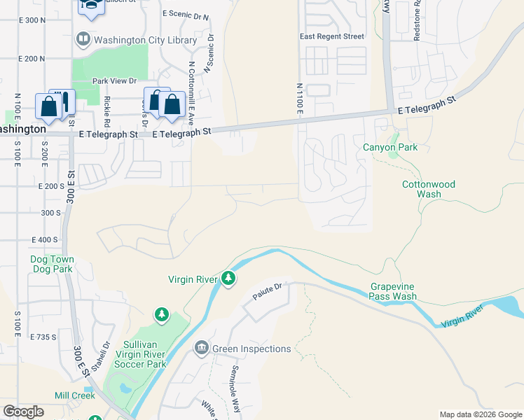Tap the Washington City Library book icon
tap(83, 39)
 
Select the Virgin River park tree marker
tap(228, 279)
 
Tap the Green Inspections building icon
tap(201, 348)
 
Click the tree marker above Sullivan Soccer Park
tap(162, 315)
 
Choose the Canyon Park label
tap(390, 148)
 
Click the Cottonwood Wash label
tap(428, 189)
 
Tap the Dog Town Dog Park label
tap(52, 264)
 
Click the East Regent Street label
tap(332, 36)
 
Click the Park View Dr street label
tap(113, 81)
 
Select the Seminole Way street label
tap(237, 381)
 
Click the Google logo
tap(24, 412)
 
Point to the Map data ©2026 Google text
tap(481, 414)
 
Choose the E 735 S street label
tap(43, 337)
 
